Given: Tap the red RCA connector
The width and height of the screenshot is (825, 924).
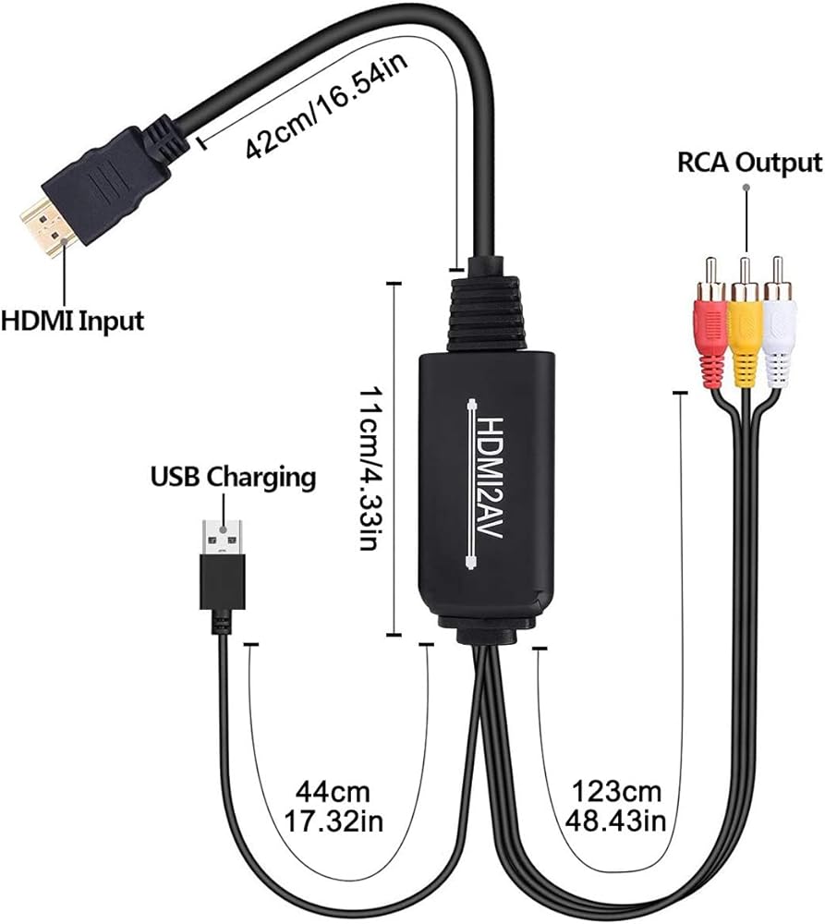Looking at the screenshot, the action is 712,319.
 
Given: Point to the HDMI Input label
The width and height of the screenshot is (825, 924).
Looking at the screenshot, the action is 72,322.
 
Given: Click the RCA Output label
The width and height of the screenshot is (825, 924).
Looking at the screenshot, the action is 748,163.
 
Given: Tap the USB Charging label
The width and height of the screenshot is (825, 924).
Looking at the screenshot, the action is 233,478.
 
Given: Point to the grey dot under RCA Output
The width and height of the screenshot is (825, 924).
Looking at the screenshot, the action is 746,188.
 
